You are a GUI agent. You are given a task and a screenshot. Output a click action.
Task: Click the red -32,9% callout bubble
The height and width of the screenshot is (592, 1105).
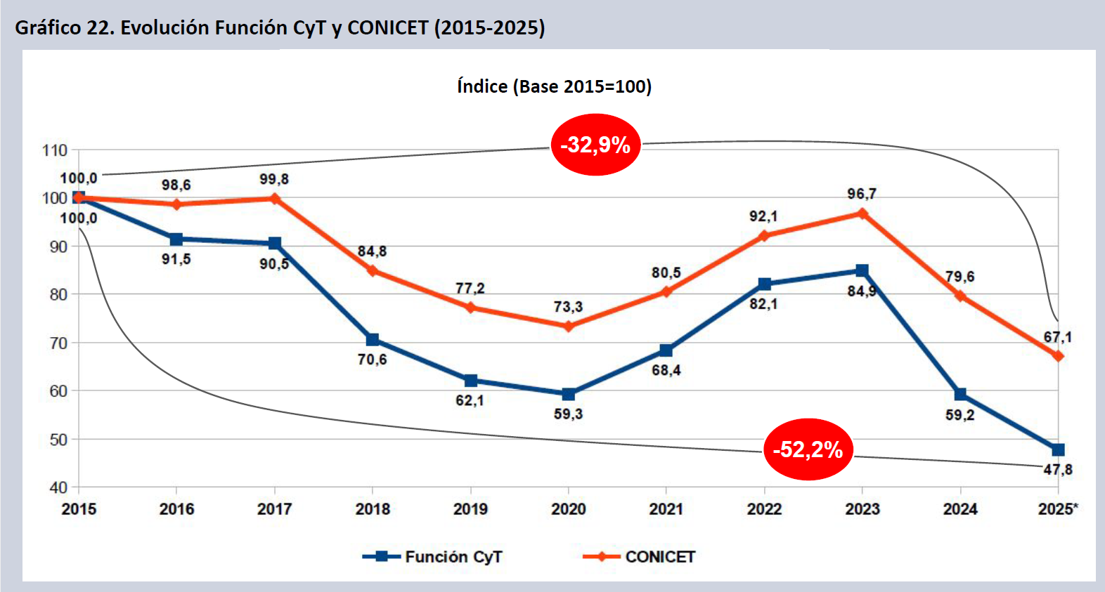[x=595, y=145]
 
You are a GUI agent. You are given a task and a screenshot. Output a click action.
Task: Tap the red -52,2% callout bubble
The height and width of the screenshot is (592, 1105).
[x=808, y=449]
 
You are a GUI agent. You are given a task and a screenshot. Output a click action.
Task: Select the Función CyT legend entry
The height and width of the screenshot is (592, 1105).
[x=433, y=557]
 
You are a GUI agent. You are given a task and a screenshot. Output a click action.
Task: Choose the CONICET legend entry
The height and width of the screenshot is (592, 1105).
[x=639, y=557]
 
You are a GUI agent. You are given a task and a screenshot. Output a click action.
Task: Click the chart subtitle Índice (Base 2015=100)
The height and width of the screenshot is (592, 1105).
[x=554, y=86]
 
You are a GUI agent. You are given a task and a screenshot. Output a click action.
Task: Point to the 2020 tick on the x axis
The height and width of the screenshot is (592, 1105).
[x=568, y=509]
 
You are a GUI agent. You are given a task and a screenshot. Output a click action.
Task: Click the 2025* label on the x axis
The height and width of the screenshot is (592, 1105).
[x=1057, y=509]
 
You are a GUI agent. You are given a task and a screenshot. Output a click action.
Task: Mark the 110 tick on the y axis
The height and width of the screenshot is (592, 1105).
[x=55, y=150]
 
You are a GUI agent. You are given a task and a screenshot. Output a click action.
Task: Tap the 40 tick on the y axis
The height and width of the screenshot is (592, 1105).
[x=58, y=487]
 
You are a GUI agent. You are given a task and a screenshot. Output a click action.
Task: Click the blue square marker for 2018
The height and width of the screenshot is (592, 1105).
[x=373, y=340]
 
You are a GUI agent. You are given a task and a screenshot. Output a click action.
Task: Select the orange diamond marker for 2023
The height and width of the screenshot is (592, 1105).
[x=862, y=213]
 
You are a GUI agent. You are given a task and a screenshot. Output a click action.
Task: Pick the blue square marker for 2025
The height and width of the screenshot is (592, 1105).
[x=1058, y=449]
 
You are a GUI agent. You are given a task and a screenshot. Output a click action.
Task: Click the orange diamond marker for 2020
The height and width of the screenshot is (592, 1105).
[x=568, y=327]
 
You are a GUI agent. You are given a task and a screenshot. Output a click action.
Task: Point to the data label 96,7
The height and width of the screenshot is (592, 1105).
[x=861, y=194]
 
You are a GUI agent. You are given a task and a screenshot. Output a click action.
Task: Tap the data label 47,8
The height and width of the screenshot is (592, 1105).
[x=1057, y=470]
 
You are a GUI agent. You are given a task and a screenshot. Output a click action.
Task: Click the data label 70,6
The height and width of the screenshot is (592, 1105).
[x=372, y=360]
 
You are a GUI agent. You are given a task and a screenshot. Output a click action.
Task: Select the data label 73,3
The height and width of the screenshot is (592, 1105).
[x=567, y=307]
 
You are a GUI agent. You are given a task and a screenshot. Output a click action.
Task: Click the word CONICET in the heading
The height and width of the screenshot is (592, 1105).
[x=387, y=27]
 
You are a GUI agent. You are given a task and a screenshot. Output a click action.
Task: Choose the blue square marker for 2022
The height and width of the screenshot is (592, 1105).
[x=764, y=284]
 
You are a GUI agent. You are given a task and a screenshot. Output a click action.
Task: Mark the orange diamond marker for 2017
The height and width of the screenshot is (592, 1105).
[x=274, y=199]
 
